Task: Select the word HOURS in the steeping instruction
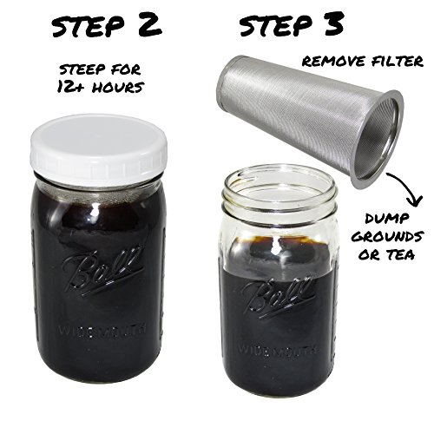117,87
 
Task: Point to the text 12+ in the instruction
71,87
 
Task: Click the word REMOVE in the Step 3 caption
332,62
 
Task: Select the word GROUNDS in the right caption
388,237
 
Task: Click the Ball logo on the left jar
102,273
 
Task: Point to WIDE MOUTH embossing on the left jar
102,330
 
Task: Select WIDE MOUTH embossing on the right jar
277,350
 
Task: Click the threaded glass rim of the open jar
280,191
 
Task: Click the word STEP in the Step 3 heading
274,25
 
